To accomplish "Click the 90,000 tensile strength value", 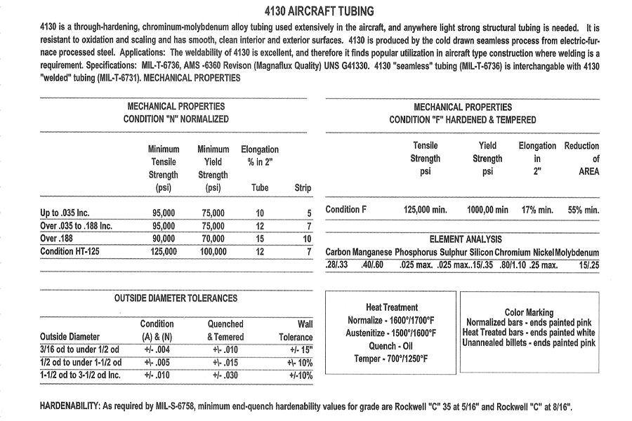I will pos(164,239).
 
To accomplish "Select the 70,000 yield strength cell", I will pos(213,239).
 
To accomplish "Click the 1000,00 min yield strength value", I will pos(487,210).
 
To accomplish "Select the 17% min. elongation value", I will pos(537,210).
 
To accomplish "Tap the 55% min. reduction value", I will pos(583,210).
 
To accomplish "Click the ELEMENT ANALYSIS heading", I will pos(462,239).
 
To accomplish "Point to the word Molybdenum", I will pos(577,253).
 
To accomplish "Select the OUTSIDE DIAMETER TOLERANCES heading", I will pos(176,298).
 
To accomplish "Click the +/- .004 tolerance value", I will pos(157,350).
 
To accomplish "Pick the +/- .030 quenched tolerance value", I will pos(225,375).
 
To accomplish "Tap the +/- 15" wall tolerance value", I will pos(301,350).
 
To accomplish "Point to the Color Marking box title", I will pos(529,312).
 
